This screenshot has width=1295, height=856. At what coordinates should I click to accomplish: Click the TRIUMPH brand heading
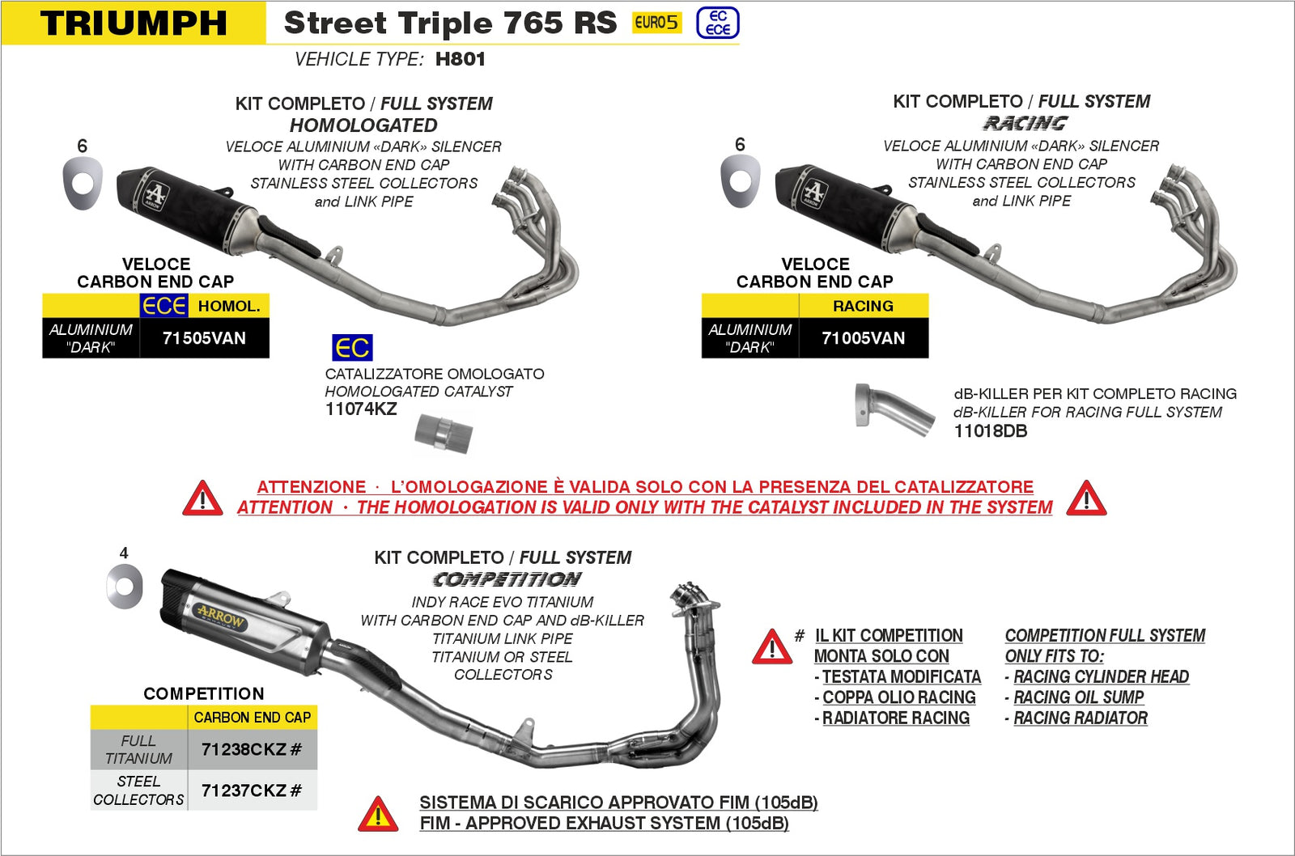(x=134, y=23)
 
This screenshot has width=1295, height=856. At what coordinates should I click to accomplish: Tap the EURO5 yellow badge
(x=656, y=23)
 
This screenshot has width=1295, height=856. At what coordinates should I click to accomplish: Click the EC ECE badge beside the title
(x=717, y=23)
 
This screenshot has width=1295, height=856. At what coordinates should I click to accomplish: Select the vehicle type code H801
(x=460, y=59)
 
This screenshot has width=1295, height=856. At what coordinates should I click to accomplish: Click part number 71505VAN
(x=204, y=338)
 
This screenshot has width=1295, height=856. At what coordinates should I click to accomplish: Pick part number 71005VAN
(x=863, y=338)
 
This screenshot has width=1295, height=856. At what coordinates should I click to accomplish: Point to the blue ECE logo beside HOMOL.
(x=164, y=306)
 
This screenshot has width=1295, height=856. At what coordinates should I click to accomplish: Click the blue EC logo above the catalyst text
(x=352, y=348)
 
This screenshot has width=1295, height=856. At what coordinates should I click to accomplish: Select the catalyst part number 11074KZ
(x=361, y=409)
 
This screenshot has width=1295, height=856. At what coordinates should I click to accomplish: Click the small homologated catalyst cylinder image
(x=443, y=433)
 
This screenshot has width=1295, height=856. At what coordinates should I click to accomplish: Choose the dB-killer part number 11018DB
(x=991, y=431)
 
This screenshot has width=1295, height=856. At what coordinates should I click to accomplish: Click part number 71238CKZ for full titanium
(x=251, y=750)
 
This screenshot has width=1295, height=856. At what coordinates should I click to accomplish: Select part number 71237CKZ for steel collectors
(x=251, y=790)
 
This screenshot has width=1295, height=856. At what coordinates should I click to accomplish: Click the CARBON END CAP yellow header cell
(x=252, y=718)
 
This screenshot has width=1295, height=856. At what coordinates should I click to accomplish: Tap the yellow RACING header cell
(x=863, y=306)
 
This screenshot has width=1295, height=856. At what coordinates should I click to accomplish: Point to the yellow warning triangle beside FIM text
(x=378, y=815)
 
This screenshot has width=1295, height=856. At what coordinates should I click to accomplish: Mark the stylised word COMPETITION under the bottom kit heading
(x=507, y=579)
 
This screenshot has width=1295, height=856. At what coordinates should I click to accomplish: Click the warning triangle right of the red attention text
(x=1086, y=498)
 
